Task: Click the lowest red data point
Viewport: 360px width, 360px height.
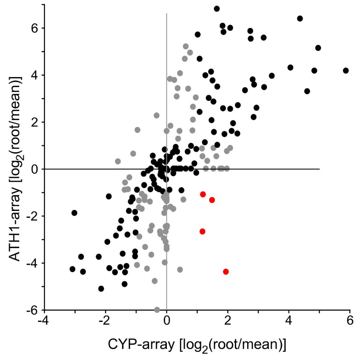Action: tap(226, 271)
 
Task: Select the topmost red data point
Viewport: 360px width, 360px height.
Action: tap(203, 194)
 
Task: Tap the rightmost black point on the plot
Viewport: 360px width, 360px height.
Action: tap(346, 71)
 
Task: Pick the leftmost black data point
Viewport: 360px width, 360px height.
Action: tap(72, 269)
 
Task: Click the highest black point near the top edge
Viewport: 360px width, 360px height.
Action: tap(216, 9)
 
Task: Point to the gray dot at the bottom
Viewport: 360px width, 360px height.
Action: tap(157, 310)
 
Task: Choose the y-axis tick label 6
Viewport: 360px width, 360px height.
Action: tap(34, 28)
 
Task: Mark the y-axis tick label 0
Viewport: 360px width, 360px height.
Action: tap(34, 169)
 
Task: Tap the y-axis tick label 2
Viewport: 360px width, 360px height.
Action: tap(34, 122)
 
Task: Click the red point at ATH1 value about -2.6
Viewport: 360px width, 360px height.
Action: tap(202, 231)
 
